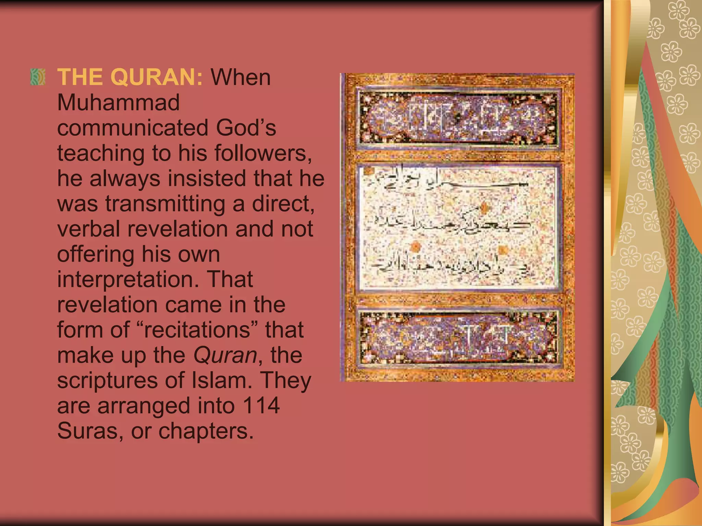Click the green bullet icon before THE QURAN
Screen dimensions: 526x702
(38, 77)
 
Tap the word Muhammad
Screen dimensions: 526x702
(118, 102)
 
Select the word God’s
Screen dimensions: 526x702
(246, 128)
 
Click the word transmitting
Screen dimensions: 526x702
(165, 204)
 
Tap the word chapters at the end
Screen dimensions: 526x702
(206, 431)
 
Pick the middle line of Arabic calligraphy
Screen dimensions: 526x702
(452, 224)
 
